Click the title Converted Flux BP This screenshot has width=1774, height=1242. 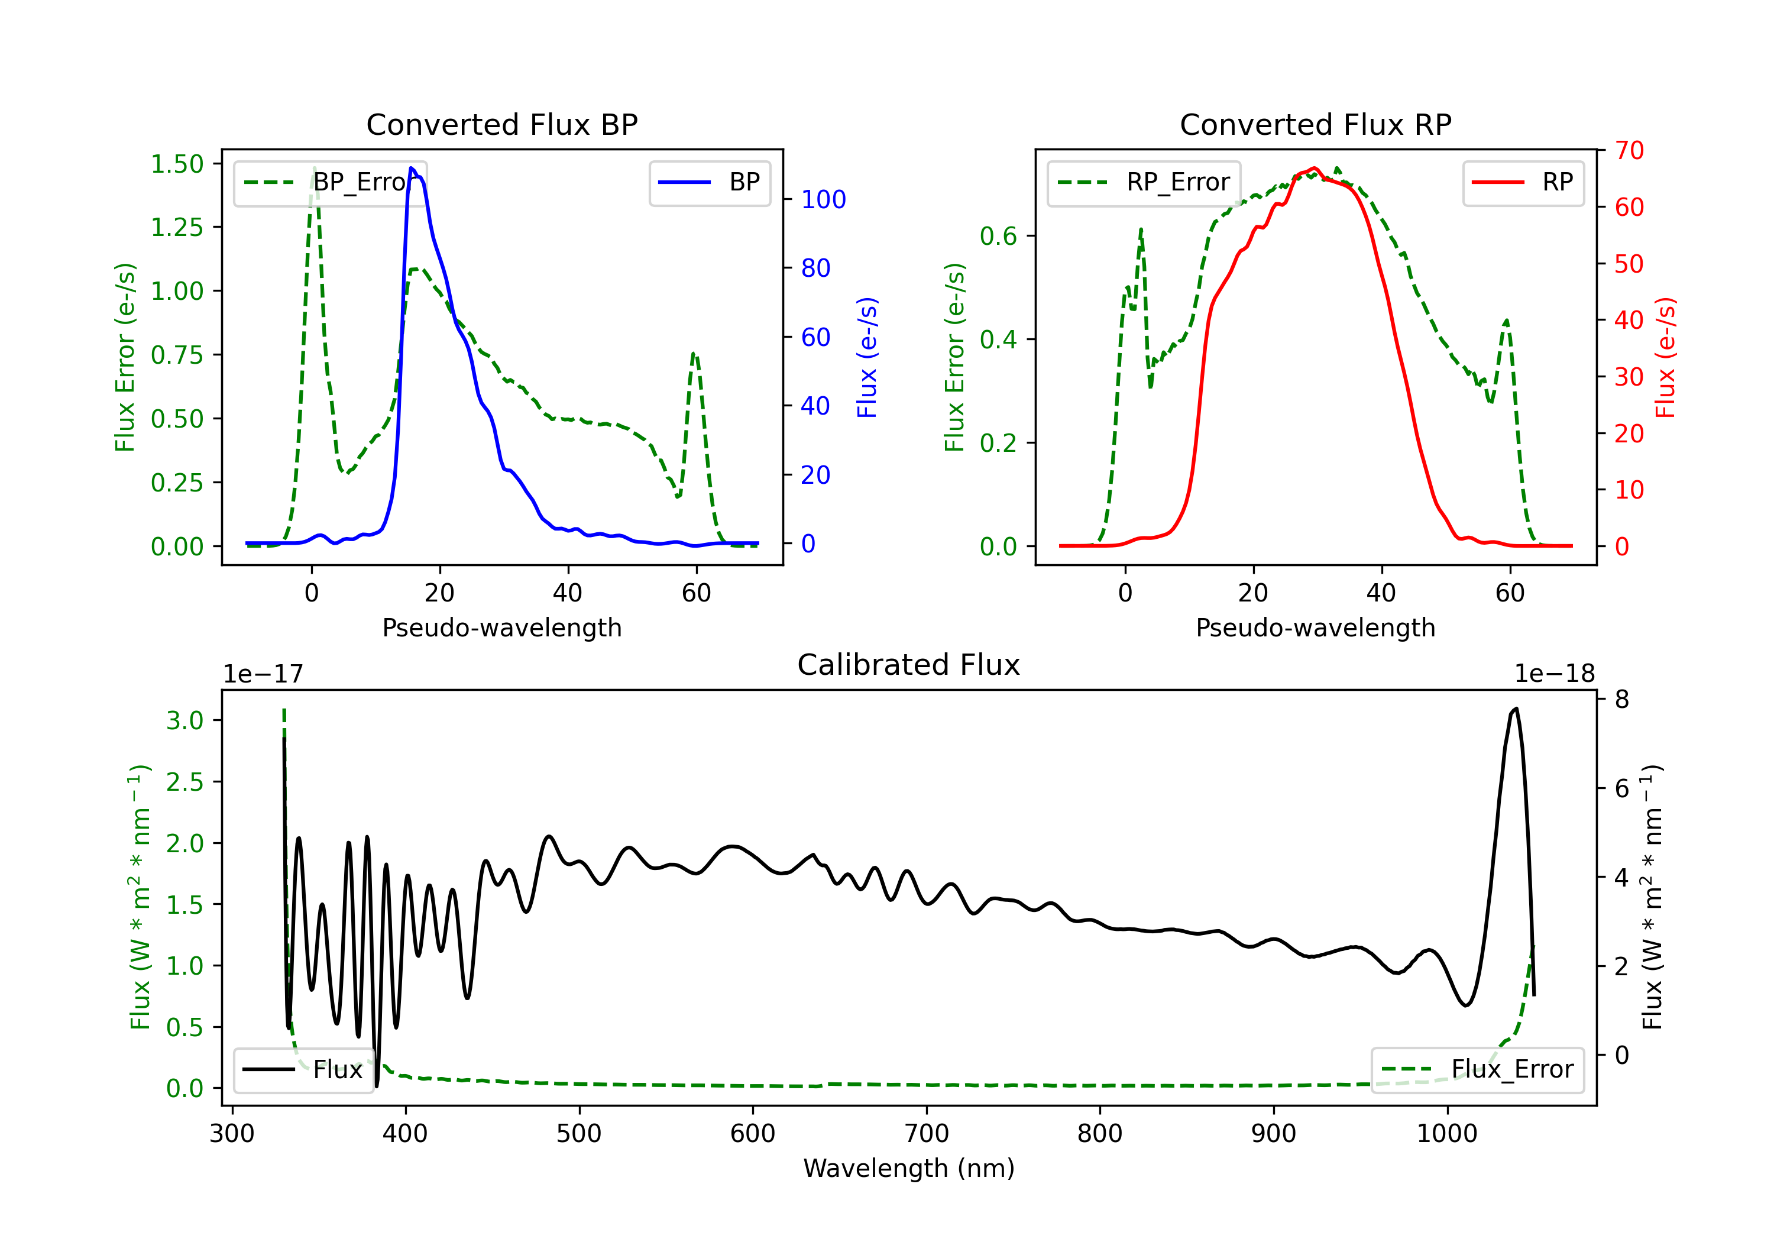coord(501,124)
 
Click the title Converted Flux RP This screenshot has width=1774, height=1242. coord(1315,124)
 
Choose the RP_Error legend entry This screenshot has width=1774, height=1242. coord(1144,182)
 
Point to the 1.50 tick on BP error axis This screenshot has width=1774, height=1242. coord(177,164)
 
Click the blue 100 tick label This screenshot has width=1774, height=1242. coord(824,199)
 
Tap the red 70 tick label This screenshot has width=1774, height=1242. coord(1630,150)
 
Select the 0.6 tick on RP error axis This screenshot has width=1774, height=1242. coord(998,237)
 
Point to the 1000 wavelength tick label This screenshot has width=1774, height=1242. coord(1446,1134)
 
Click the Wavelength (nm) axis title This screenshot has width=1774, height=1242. coord(909,1168)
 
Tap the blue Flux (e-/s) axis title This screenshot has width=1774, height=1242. coord(867,357)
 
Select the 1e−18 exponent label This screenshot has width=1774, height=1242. coord(1554,674)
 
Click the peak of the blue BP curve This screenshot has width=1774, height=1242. coord(412,168)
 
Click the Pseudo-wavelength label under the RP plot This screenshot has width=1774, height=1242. coord(1315,628)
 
